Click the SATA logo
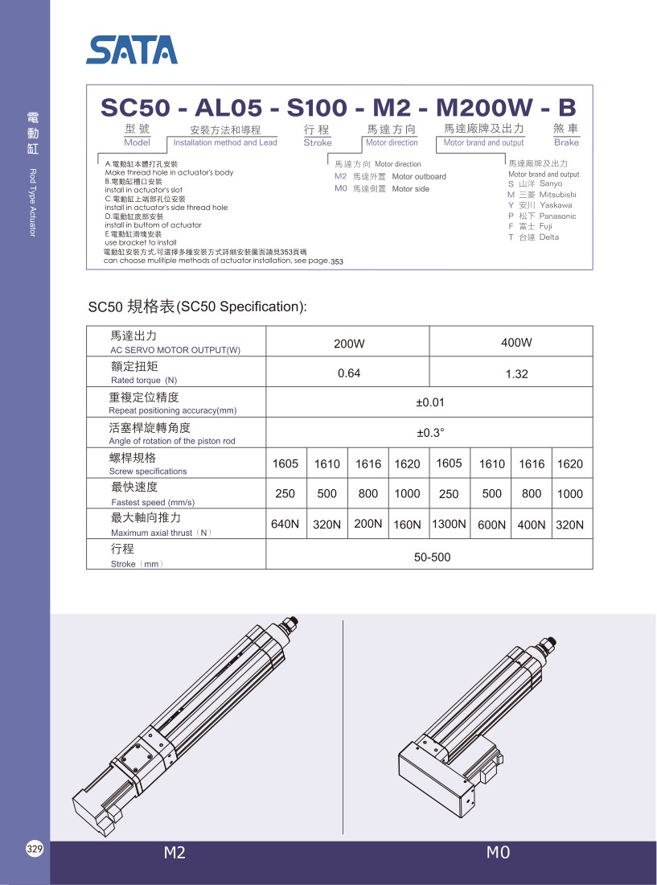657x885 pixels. point(132,50)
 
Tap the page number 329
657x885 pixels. point(35,850)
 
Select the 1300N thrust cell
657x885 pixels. point(449,524)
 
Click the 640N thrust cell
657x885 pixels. point(285,524)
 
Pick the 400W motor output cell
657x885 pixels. point(516,343)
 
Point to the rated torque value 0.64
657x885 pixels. point(349,373)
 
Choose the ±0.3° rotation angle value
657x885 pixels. point(430,433)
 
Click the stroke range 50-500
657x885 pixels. point(432,557)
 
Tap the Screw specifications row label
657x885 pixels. point(148,471)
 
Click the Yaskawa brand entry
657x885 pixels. point(556,205)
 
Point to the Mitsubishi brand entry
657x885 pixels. point(557,195)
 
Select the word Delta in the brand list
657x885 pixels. point(549,237)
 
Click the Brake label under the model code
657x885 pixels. point(566,142)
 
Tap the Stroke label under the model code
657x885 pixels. point(318,142)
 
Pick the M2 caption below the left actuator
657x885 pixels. point(175,853)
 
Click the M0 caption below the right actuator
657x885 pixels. point(498,853)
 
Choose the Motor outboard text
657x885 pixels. point(419,177)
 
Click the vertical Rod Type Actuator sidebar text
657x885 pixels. point(33,203)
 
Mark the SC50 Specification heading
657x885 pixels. point(198,307)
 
